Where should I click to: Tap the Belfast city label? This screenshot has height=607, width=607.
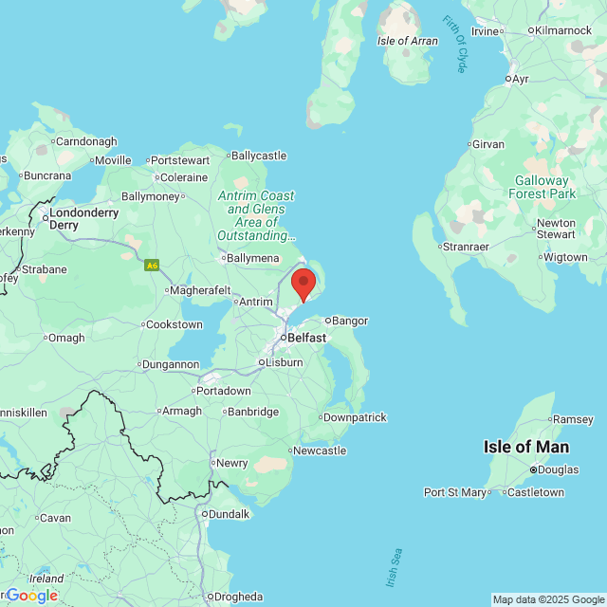[306, 338]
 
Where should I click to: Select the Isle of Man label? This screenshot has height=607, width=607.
[525, 447]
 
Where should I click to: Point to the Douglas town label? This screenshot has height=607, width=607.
[559, 469]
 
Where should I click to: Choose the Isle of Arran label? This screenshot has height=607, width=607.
[408, 41]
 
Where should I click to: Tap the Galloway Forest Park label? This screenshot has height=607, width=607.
[542, 187]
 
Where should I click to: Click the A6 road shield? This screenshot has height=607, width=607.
[152, 266]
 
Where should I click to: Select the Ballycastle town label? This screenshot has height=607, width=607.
[258, 156]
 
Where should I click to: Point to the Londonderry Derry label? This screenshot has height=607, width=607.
[83, 219]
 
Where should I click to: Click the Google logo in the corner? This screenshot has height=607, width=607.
[31, 595]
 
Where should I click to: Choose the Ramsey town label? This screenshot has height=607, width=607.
[573, 419]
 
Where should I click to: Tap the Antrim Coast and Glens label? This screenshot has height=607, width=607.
[256, 215]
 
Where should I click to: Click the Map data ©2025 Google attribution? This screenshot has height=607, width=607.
[548, 599]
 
